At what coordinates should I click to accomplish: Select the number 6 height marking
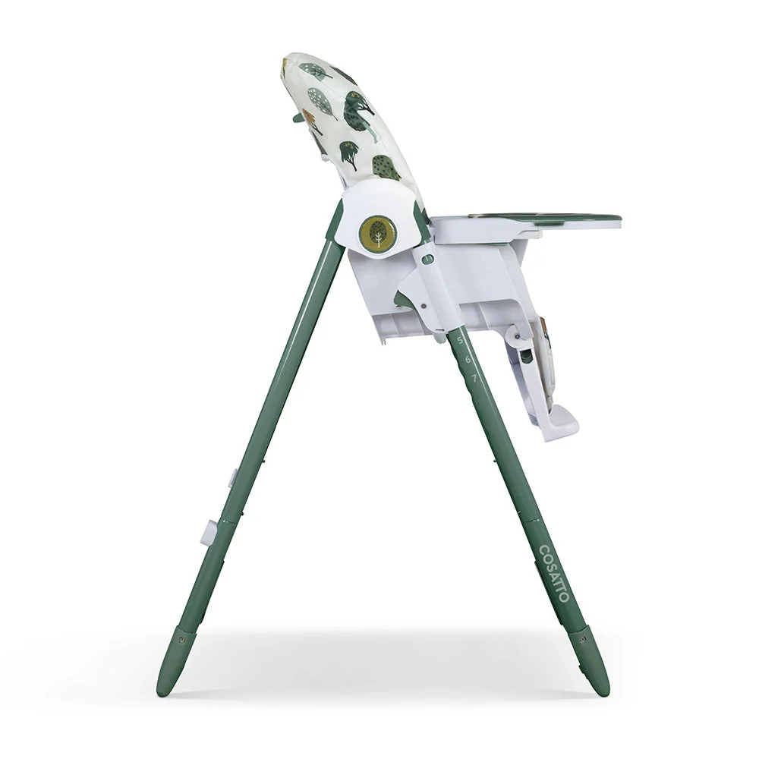point(468,358)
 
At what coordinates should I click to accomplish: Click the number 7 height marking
point(474,377)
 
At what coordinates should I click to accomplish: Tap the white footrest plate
point(560,422)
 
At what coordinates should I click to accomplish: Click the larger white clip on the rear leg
point(209,532)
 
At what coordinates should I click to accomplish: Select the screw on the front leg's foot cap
point(583,640)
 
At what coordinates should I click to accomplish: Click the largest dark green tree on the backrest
point(357,115)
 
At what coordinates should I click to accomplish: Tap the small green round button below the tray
point(427,260)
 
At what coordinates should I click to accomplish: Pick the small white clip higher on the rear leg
point(232,478)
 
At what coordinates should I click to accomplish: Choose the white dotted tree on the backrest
point(321,101)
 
